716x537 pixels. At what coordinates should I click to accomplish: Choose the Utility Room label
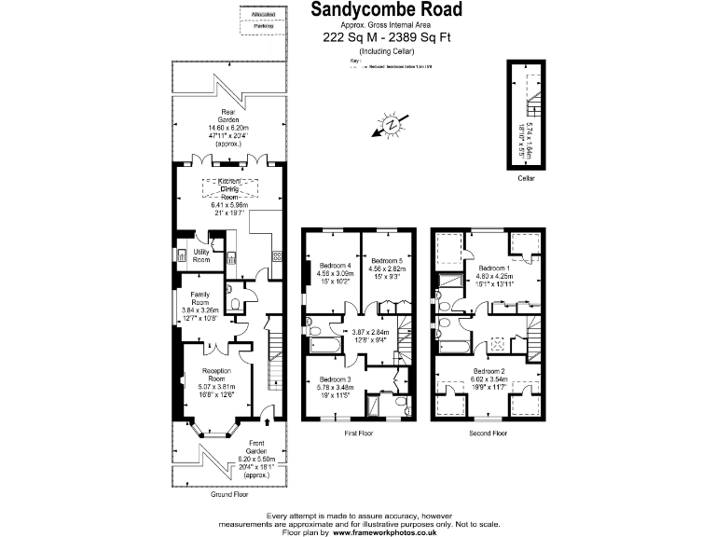click(201, 255)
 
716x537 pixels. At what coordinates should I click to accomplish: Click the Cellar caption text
click(527, 178)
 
